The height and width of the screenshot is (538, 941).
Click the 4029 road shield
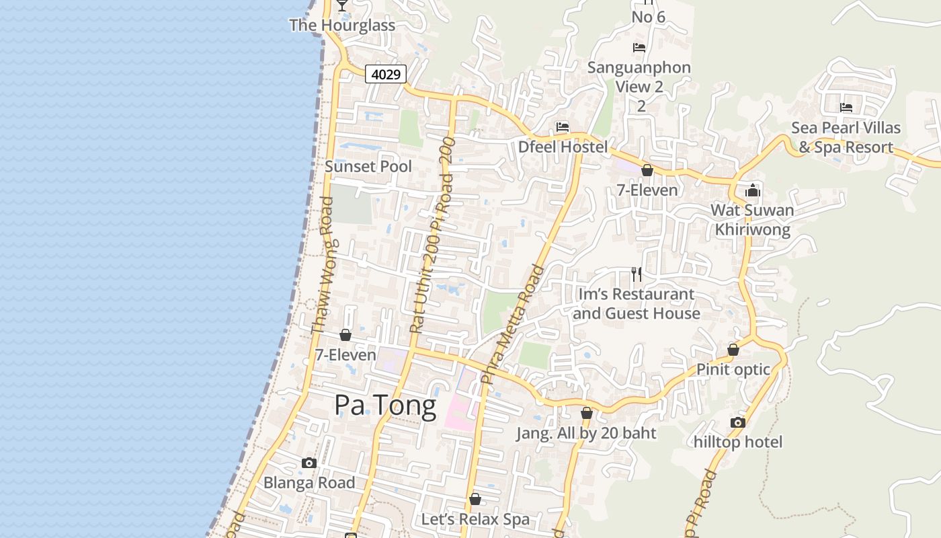pyautogui.click(x=386, y=74)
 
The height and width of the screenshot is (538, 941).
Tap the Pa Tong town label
pyautogui.click(x=385, y=406)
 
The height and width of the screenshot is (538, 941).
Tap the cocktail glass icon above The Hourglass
pyautogui.click(x=342, y=5)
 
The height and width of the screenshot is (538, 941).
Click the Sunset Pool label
pyautogui.click(x=368, y=166)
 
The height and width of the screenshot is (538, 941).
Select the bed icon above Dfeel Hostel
pyautogui.click(x=563, y=126)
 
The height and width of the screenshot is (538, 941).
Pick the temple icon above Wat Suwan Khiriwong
pyautogui.click(x=752, y=190)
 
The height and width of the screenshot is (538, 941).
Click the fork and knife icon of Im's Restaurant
pyautogui.click(x=637, y=274)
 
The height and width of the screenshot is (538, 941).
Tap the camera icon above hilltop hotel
pyautogui.click(x=738, y=422)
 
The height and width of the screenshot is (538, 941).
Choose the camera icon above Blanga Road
pyautogui.click(x=309, y=463)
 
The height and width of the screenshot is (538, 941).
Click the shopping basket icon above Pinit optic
pyautogui.click(x=733, y=350)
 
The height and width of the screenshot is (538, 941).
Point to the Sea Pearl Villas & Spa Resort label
pyautogui.click(x=846, y=137)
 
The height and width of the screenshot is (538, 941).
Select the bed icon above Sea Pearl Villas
pyautogui.click(x=846, y=108)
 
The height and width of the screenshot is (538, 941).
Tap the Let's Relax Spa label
pyautogui.click(x=475, y=519)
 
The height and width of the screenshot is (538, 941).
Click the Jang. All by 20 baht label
pyautogui.click(x=586, y=433)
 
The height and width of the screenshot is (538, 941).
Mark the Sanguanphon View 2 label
pyautogui.click(x=639, y=77)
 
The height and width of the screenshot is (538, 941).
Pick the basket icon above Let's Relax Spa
pyautogui.click(x=475, y=499)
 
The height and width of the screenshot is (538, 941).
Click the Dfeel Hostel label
pyautogui.click(x=563, y=147)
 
